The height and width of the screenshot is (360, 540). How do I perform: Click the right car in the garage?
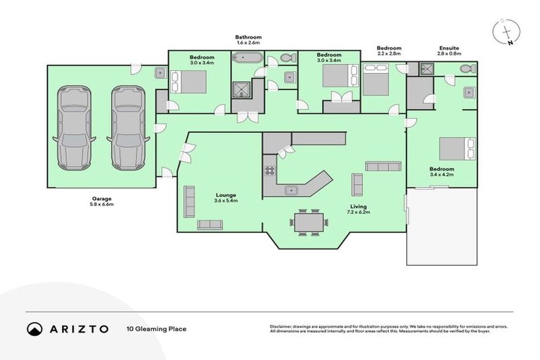pos(127,127)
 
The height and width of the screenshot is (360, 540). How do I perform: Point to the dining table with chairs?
pos(309,222)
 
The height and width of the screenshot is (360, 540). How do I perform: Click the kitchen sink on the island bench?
pos(290,189)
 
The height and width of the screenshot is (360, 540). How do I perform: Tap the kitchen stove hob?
pos(269,170)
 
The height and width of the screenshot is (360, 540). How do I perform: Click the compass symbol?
pos(508,31)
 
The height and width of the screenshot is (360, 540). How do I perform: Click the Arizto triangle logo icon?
pos(34,329)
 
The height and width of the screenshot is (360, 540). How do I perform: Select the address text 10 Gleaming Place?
pos(156,328)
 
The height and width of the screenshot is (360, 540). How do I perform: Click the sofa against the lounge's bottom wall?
pos(210,224)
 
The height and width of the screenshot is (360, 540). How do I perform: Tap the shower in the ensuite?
pos(427,69)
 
